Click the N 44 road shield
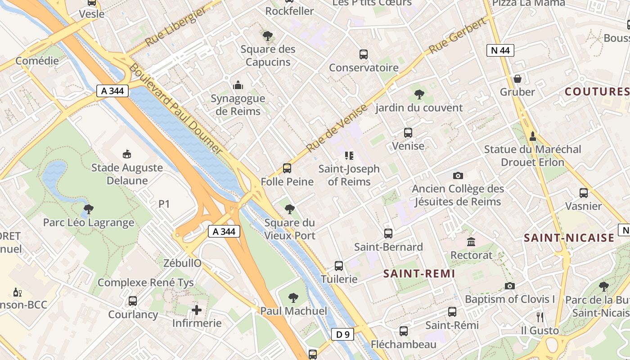500,50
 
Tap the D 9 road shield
342,334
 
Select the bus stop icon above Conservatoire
364,54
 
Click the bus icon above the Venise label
408,133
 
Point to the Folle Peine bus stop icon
287,168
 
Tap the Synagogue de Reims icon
238,85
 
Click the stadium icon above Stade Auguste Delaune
127,154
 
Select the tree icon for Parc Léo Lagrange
89,209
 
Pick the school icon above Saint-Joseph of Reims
349,156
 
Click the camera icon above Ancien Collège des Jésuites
458,175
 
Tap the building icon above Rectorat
471,242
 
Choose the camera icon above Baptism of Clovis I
510,286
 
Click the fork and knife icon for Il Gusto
540,317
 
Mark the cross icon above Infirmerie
197,310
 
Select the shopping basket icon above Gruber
517,79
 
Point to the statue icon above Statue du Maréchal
533,136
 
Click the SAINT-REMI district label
419,274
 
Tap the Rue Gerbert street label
458,36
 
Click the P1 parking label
164,204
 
